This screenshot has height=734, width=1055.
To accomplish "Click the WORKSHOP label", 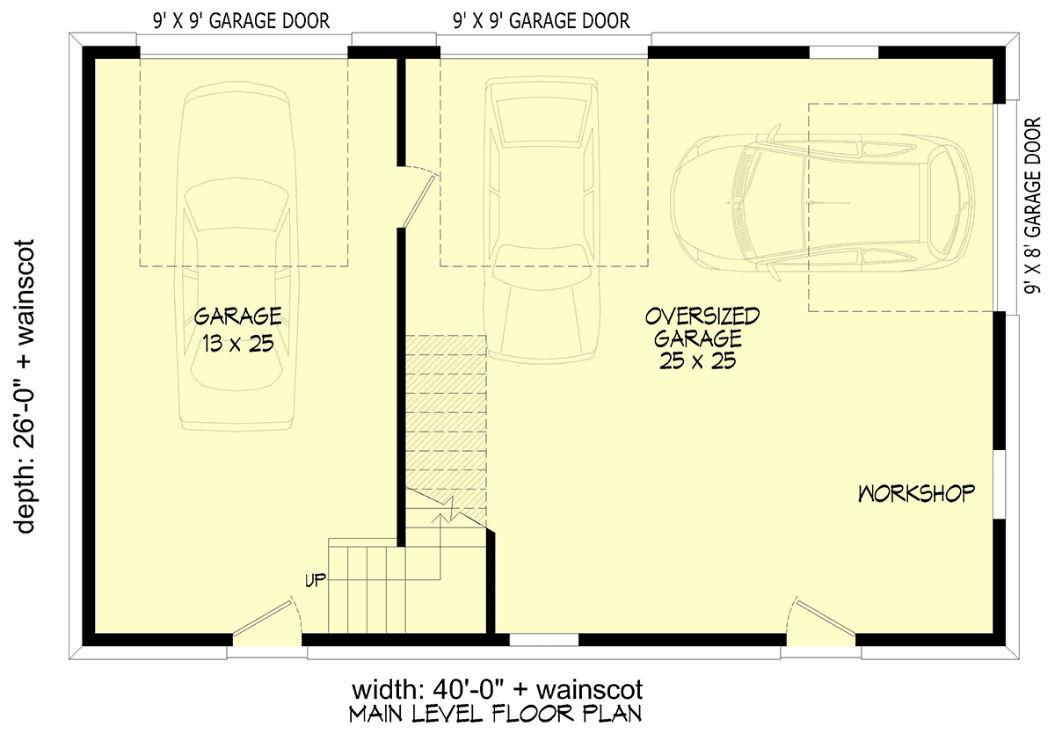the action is pyautogui.click(x=916, y=493).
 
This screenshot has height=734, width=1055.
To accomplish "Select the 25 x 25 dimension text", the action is pyautogui.click(x=697, y=360).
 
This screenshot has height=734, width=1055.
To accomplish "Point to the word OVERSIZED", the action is pyautogui.click(x=702, y=316).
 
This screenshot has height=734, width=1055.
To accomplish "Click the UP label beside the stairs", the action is pyautogui.click(x=316, y=580).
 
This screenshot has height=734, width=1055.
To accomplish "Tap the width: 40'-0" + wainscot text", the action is pyautogui.click(x=498, y=690).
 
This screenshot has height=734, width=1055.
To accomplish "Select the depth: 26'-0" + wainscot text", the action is pyautogui.click(x=25, y=387).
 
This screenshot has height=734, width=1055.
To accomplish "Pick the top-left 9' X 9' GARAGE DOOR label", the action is pyautogui.click(x=241, y=21).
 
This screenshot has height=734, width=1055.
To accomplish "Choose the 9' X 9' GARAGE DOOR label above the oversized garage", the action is pyautogui.click(x=542, y=21).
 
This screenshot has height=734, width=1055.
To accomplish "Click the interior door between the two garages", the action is pyautogui.click(x=419, y=198).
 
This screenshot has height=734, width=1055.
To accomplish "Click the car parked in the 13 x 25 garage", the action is pyautogui.click(x=236, y=258).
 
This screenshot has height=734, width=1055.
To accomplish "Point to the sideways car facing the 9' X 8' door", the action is pyautogui.click(x=823, y=203).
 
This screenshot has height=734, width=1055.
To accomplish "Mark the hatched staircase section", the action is pyautogui.click(x=446, y=431).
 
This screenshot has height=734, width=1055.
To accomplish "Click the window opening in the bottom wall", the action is pyautogui.click(x=544, y=640).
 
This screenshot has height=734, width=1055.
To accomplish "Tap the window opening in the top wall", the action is pyautogui.click(x=843, y=52).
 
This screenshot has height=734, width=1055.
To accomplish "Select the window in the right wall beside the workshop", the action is pyautogui.click(x=1000, y=484).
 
